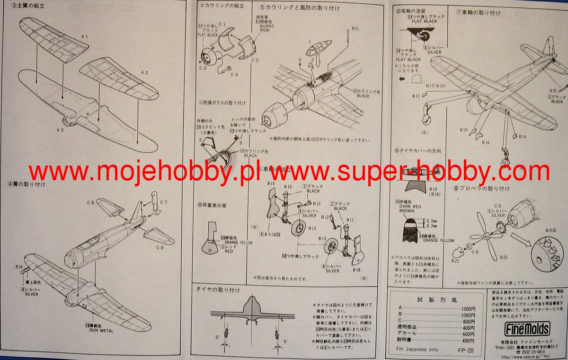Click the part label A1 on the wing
pos(84,36)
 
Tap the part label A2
pos(145,72)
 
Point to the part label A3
pos(60,129)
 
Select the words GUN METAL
pos(101,330)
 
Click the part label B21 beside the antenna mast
pos(356,28)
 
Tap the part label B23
pos(455,261)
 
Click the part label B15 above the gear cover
pos(271,183)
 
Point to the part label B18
pos(356,269)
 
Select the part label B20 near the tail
pos(554,90)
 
